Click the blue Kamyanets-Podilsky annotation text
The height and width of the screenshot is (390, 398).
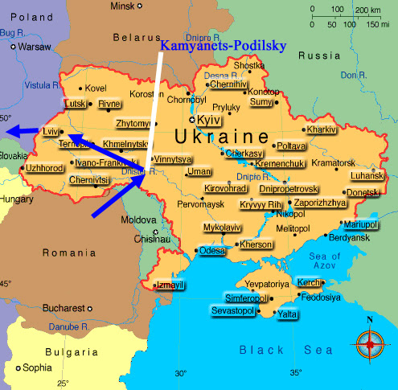tap(223, 46)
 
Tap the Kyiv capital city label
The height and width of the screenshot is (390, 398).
tap(209, 119)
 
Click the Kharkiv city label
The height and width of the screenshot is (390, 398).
tap(321, 129)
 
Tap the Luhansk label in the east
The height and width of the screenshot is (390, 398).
tap(368, 175)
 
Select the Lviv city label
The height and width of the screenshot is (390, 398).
tap(50, 131)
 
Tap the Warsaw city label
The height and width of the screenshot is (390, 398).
tap(34, 47)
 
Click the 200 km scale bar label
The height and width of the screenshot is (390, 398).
tap(365, 10)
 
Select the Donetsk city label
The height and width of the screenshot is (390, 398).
tap(363, 193)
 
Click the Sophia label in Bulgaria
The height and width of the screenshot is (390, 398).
tap(37, 367)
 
